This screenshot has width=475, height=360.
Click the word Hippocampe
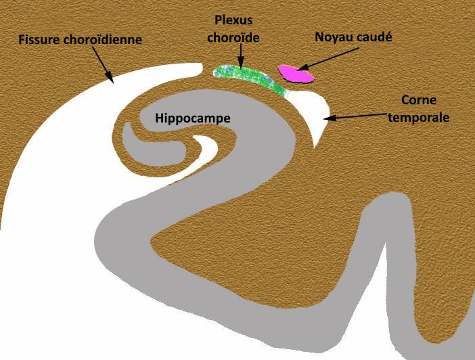tap(193, 118)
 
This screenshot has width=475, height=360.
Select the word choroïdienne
tap(103, 40)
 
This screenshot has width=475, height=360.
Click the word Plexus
tap(233, 20)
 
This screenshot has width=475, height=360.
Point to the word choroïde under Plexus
tap(233, 38)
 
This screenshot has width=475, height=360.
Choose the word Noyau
tap(333, 37)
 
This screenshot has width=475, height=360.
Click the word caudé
tap(374, 37)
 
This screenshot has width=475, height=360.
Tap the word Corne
tap(419, 100)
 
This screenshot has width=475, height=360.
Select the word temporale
tap(419, 117)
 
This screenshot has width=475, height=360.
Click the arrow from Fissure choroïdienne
tap(103, 64)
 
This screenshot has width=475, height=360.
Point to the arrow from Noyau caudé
tap(328, 59)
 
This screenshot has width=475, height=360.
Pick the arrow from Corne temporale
tap(355, 116)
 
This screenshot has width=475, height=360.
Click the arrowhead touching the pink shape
tap(302, 68)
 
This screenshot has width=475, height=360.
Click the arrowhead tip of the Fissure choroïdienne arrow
tap(113, 83)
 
